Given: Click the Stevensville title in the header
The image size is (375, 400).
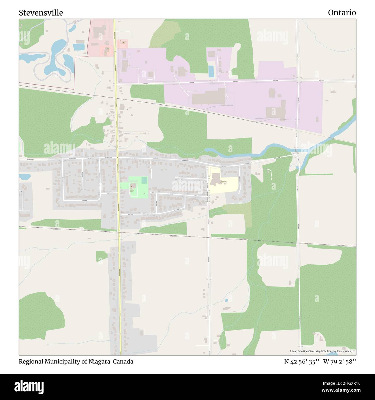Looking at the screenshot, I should click(x=41, y=13).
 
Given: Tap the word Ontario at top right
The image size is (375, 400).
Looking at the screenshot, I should click(x=342, y=13).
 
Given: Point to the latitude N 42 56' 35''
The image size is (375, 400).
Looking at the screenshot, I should click(x=301, y=362).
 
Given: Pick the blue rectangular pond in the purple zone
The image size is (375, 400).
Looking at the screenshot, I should click(x=211, y=71).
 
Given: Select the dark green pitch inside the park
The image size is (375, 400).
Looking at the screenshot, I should click(x=144, y=180).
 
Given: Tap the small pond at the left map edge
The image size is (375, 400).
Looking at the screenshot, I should click(x=24, y=176).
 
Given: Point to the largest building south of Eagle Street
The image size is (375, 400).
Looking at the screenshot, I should click(x=209, y=96).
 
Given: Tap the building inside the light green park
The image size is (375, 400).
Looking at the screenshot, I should click(x=133, y=186).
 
